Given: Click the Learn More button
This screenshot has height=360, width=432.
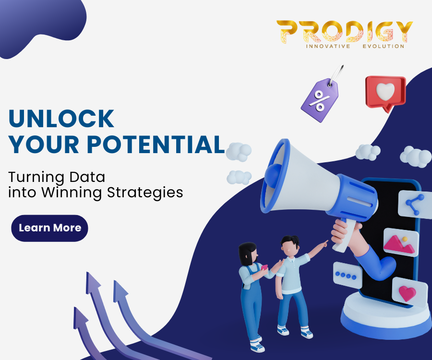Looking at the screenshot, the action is point(49,228).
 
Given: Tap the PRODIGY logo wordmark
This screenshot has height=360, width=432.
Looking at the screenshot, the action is point(345,32).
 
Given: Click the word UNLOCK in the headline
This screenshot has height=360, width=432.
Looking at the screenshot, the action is point(61,119).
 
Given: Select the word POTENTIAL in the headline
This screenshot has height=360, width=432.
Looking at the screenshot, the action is point(156,144).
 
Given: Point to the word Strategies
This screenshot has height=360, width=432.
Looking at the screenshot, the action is point(145,193).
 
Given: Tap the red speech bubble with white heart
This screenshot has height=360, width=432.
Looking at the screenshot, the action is point(386,93).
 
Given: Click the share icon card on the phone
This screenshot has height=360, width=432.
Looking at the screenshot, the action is point(415,204).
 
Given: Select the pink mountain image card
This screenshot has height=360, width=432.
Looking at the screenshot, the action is point(401,242).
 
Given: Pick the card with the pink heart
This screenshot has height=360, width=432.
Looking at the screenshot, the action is point(410,292).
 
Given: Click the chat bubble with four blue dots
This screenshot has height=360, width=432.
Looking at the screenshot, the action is point(347,275).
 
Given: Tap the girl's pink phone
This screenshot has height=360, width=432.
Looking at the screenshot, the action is point(264,267).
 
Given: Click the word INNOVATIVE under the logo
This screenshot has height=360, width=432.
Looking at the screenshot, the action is point(328,46).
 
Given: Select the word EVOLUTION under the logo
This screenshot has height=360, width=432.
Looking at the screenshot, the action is point(384,46).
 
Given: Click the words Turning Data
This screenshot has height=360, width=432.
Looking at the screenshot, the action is point(57,177).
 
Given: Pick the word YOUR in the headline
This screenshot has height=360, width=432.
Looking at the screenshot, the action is point(44,144).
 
